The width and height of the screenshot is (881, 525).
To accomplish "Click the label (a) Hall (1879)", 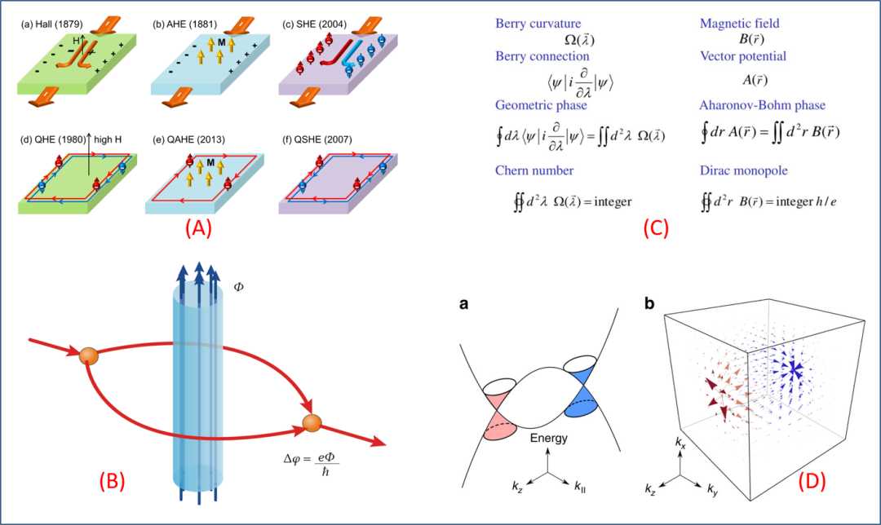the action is point(51,24).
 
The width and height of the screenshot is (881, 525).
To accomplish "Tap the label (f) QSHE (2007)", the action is point(317,139).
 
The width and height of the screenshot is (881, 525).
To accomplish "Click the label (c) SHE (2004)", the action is point(314,24).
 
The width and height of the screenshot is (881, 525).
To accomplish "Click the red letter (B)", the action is point(112,481).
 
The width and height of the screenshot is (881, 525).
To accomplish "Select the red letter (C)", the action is point(656,227).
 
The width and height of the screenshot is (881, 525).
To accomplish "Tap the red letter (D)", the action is point(812,481).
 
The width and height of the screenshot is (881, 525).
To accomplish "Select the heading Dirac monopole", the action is point(743,170).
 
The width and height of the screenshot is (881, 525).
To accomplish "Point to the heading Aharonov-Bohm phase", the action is point(762,105).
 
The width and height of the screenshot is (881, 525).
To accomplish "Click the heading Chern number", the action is point(534,170).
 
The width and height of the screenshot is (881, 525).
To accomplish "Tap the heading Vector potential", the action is point(743,56).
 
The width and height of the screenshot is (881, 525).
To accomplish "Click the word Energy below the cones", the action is point(548,438).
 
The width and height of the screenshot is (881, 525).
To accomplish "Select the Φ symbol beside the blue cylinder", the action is point(238,287).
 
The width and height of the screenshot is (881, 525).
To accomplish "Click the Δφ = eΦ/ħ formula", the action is point(312,464).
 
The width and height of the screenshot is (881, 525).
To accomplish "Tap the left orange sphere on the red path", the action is point(89,356).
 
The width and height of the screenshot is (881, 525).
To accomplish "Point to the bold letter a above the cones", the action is point(463,304).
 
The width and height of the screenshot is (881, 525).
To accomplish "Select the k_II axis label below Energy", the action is point(580,486).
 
